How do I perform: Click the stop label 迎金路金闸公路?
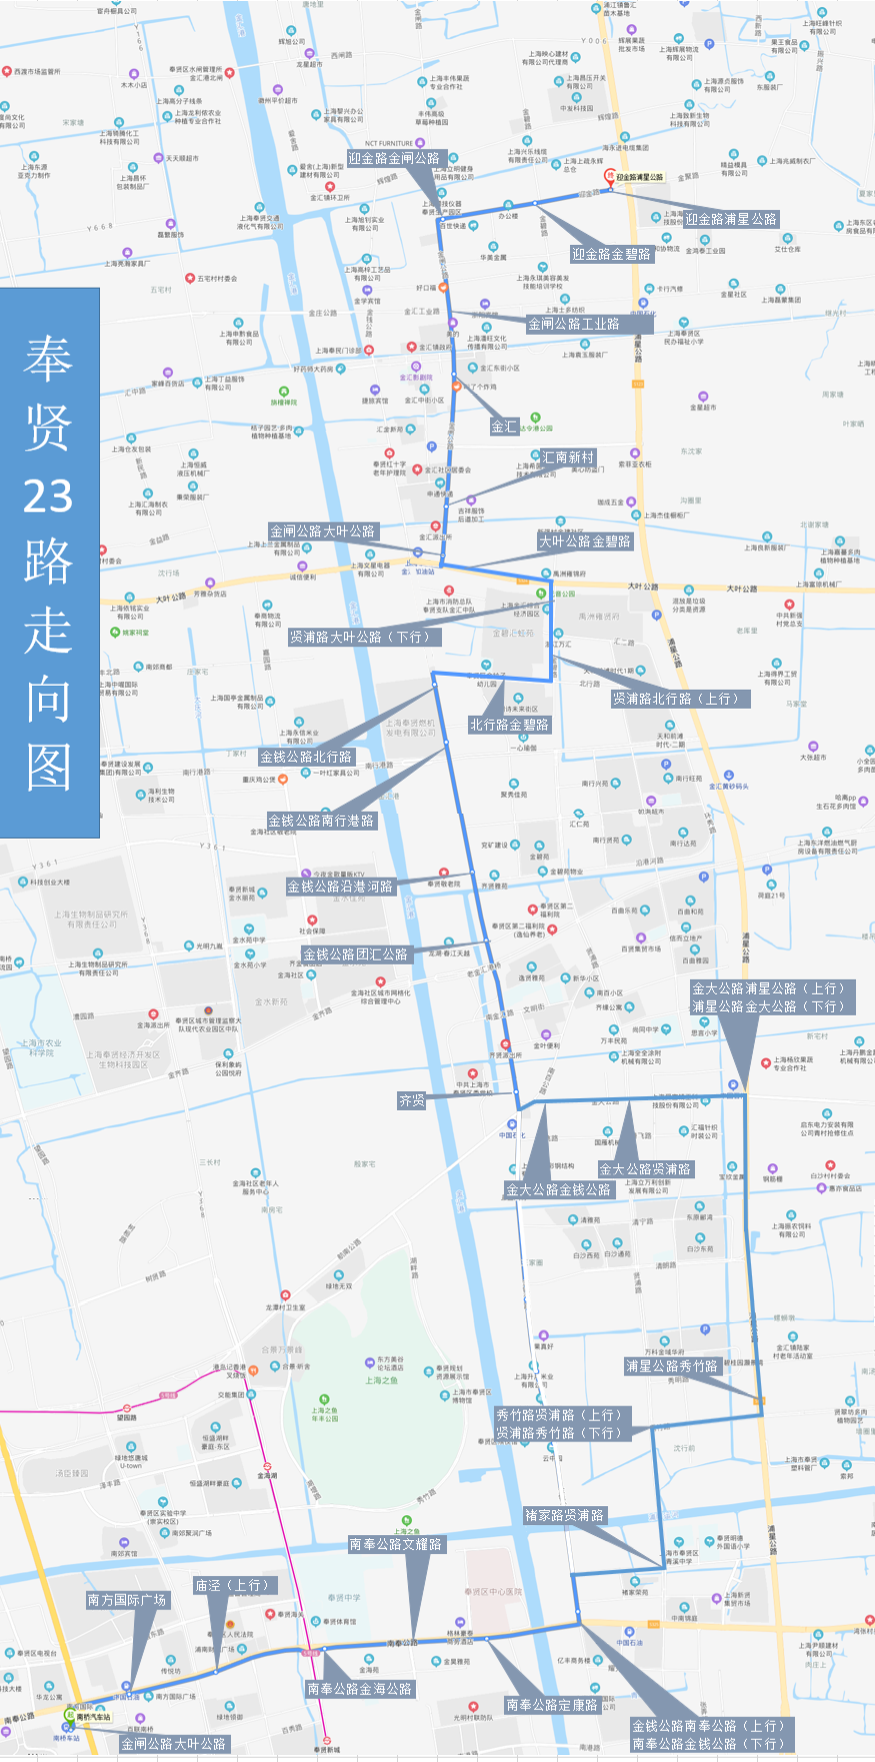click(394, 158)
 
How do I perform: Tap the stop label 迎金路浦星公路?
click(731, 219)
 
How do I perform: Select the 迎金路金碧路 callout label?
click(611, 254)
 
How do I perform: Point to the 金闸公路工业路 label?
click(573, 324)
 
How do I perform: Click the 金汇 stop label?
click(504, 427)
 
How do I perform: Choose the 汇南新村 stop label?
click(568, 458)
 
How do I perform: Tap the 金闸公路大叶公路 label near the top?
click(322, 531)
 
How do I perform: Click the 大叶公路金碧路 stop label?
click(585, 542)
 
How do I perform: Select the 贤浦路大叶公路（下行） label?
click(364, 637)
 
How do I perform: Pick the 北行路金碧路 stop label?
click(509, 725)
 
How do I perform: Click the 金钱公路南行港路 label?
click(321, 821)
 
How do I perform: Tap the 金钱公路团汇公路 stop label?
click(356, 954)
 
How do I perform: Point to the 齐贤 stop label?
click(412, 1100)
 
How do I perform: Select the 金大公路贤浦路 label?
click(645, 1169)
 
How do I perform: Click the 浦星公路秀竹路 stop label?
click(672, 1366)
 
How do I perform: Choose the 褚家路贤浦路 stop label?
click(565, 1516)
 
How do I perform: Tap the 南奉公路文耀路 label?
click(395, 1544)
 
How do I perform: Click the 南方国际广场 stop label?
click(127, 1600)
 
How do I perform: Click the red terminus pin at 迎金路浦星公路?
click(609, 176)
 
